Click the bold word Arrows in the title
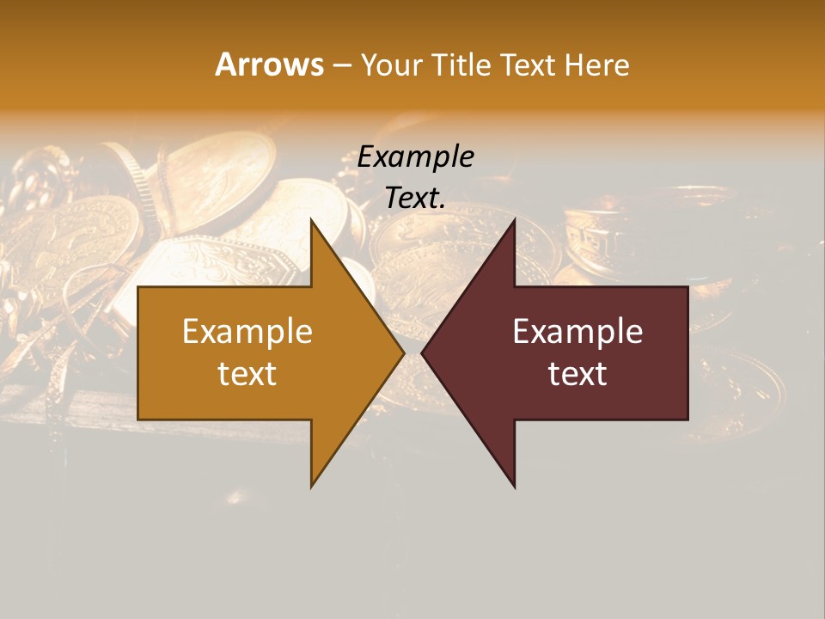269,64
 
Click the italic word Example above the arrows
415,156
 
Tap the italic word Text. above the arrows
415,198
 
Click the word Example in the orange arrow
247,332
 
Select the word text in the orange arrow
247,373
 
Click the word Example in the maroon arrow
577,332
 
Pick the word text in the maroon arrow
577,373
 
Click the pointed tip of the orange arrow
403,353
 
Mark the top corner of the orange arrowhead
312,220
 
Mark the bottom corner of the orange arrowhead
312,487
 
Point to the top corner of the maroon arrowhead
514,220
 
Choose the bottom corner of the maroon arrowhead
514,487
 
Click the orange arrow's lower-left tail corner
138,419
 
